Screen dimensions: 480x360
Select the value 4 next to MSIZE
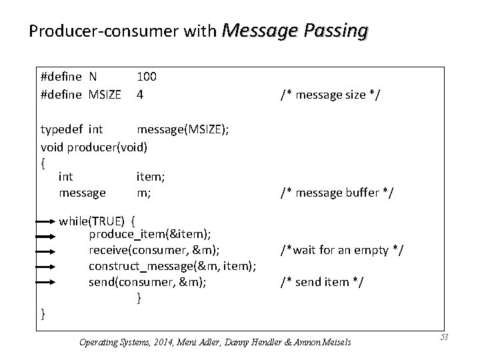click(140, 95)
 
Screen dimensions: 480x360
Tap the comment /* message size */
click(330, 95)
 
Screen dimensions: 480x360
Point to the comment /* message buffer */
click(337, 193)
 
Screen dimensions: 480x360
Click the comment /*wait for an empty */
click(343, 250)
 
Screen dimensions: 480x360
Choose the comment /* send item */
click(322, 282)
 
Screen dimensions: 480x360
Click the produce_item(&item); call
click(151, 235)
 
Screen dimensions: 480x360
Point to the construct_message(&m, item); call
click(173, 266)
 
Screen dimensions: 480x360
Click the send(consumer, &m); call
click(147, 282)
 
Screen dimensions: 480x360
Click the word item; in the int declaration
click(151, 177)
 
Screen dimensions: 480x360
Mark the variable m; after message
click(143, 193)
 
